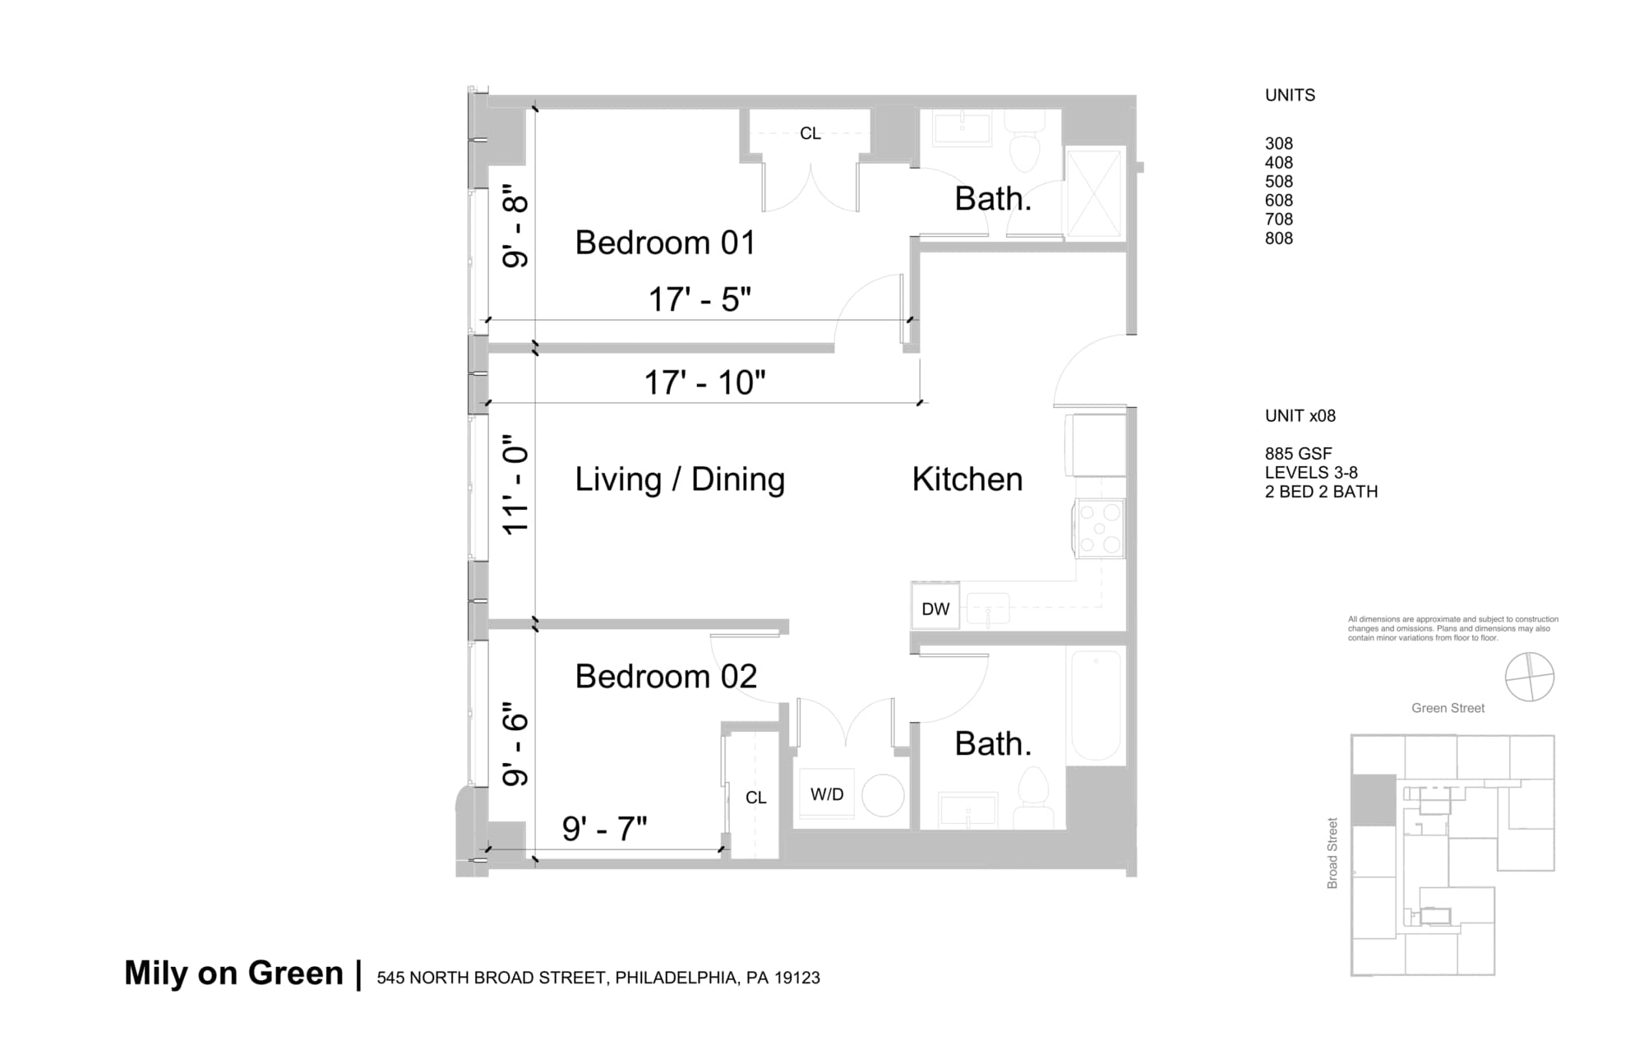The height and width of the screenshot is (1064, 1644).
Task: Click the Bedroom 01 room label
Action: pos(664,243)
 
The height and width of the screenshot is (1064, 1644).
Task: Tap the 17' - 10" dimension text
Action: pos(704,383)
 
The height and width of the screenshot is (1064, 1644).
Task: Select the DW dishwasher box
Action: pos(935,608)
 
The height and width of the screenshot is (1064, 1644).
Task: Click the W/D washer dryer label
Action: pos(826,794)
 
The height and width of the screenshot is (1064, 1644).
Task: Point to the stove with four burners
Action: pos(1100,529)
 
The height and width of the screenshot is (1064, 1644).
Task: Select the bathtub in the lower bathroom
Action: pos(1095,705)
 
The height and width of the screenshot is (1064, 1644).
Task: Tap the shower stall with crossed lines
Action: pos(1094,192)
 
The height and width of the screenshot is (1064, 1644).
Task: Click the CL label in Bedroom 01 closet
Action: pos(810,133)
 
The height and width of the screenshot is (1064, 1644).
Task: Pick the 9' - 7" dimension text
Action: pos(604,829)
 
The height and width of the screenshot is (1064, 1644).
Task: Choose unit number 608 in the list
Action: pos(1278,201)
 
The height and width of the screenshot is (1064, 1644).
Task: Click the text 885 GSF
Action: pos(1298,454)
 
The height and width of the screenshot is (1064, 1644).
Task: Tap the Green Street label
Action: pos(1448,708)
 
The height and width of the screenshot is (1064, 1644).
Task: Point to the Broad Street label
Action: pos(1332,853)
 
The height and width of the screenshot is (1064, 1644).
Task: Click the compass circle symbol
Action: pos(1529,677)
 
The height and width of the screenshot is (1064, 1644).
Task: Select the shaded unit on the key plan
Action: pos(1374,800)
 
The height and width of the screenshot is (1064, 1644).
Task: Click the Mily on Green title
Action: pos(233,973)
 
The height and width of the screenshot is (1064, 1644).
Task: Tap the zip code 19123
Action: pos(797,978)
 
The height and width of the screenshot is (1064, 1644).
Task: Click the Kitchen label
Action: pos(967,479)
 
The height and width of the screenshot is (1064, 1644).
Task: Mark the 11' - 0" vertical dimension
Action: pos(515,490)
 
